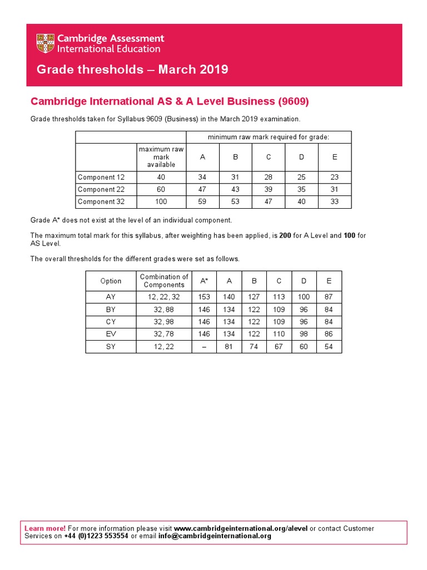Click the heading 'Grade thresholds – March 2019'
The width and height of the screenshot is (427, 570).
(132, 70)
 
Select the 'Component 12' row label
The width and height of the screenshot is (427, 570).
(101, 178)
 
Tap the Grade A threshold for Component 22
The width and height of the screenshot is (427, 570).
(202, 190)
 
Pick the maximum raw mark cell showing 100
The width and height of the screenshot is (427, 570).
(161, 202)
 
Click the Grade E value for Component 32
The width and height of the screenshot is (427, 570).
(334, 202)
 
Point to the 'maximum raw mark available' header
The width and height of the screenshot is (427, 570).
(161, 157)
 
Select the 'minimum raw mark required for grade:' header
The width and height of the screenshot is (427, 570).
(269, 137)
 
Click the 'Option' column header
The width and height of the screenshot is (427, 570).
(111, 281)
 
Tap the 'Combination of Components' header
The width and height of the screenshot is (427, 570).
(164, 281)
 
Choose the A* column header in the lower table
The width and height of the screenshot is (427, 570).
(204, 281)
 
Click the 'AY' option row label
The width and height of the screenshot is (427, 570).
(111, 297)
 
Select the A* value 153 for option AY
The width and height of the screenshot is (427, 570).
(204, 297)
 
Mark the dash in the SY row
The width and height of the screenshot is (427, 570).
(204, 347)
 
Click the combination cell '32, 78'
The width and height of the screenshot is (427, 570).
(164, 335)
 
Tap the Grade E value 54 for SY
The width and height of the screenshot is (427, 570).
(329, 347)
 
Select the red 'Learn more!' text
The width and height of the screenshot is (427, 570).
(45, 528)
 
